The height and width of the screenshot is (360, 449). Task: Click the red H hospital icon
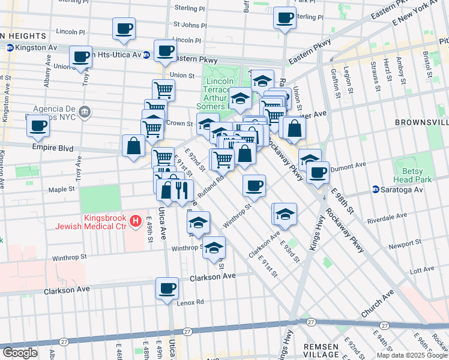136,221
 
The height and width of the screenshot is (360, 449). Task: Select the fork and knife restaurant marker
181,191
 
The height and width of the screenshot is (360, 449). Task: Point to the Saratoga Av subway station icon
376,190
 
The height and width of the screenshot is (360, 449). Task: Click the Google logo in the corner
20,353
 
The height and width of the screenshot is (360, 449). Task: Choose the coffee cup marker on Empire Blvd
38,125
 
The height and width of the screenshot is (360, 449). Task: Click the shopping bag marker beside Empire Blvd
133,146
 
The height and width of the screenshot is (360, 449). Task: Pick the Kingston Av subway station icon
10,47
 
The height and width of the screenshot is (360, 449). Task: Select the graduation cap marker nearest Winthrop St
213,247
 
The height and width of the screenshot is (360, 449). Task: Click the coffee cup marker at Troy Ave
80,57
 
